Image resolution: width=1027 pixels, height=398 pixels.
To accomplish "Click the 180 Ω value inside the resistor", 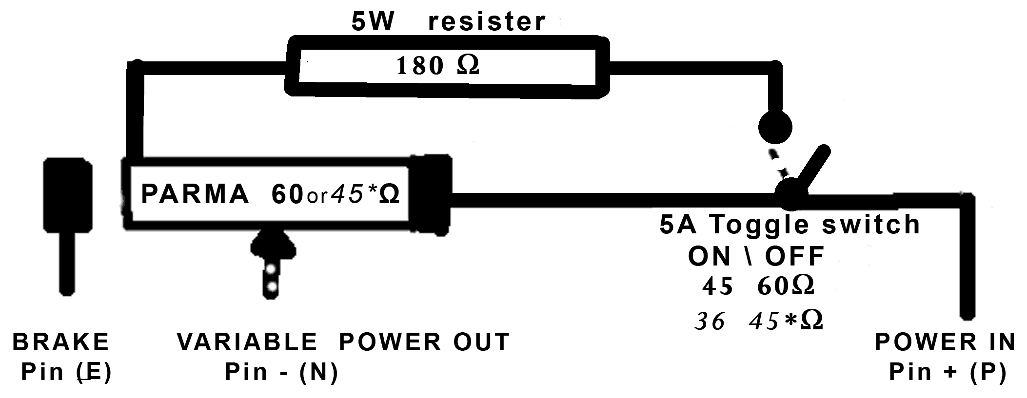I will point(437,66).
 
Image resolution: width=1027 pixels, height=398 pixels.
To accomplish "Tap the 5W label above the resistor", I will point(373,22).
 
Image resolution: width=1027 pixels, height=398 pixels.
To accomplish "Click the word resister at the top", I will point(487,22).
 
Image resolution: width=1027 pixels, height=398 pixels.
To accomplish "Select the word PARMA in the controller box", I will point(195,194).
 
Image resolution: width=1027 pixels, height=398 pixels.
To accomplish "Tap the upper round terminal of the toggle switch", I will point(775,128).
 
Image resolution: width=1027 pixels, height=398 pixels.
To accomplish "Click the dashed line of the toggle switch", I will point(778,165).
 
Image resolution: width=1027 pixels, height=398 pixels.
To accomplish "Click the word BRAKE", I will point(61,342).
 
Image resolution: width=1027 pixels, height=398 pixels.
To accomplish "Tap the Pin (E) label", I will point(66,373).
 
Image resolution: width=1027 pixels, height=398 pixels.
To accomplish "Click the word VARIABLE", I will point(247,342).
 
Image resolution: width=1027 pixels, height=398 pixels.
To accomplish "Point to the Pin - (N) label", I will point(281,373).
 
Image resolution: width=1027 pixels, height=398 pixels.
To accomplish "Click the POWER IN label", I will point(945,342).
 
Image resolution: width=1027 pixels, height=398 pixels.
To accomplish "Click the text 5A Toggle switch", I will point(790,225).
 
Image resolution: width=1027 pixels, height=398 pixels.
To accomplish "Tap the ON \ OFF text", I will point(756,256).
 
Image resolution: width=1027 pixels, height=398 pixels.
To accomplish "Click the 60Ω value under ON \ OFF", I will point(786,286).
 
